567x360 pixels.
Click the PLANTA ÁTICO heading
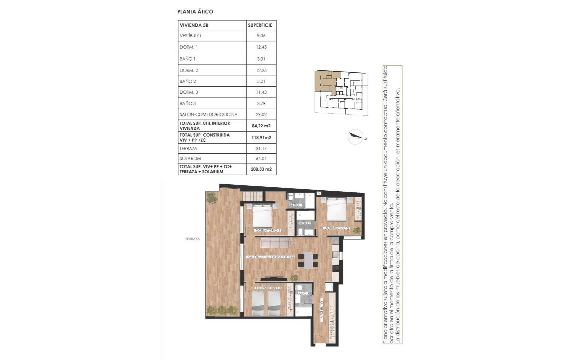(195, 12)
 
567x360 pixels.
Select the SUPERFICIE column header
(260, 25)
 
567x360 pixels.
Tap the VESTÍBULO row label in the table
(190, 36)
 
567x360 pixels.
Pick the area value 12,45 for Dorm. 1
(261, 47)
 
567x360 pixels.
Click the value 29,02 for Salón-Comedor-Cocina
(261, 114)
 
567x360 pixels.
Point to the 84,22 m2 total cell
(261, 126)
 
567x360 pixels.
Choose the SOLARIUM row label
(190, 158)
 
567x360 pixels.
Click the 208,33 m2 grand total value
(261, 169)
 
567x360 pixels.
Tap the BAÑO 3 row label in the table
(188, 103)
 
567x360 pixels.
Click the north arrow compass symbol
(356, 136)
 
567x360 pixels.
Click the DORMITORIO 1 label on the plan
(268, 231)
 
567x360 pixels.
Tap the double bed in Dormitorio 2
(338, 209)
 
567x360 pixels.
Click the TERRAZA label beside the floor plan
(193, 239)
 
